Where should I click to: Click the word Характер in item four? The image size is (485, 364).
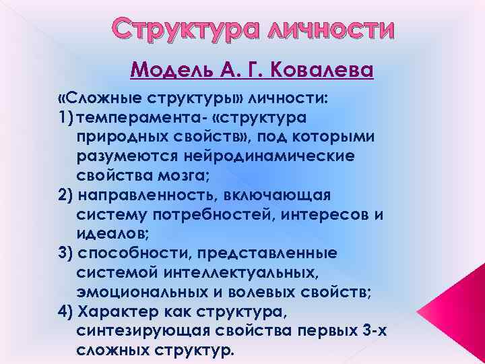point(118,311)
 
